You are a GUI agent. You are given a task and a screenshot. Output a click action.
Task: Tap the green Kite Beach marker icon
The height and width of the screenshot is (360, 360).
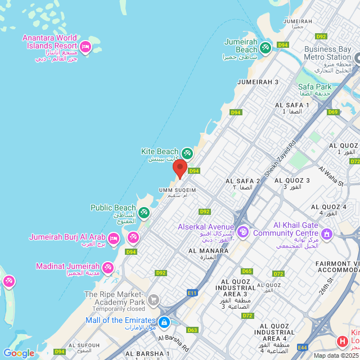click(187, 152)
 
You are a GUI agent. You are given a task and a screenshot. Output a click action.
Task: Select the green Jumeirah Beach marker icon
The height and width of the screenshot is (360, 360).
click(265, 47)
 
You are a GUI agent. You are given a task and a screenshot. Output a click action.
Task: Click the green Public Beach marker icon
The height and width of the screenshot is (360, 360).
click(143, 212)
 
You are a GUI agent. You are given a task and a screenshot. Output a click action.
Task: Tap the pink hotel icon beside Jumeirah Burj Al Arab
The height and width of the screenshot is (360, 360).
click(113, 238)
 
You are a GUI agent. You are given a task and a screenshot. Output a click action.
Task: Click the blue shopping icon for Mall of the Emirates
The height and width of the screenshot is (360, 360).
click(164, 322)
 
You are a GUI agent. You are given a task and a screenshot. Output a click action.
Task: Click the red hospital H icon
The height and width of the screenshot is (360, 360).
click(342, 341)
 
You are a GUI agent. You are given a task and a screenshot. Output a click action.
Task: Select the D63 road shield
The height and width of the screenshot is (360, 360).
click(192, 330)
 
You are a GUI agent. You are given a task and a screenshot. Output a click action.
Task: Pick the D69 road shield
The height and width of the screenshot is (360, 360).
click(333, 112)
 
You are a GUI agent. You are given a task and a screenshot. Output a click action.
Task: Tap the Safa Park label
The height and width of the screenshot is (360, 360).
click(314, 87)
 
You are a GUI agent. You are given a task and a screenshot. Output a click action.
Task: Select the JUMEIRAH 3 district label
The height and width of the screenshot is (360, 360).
click(258, 82)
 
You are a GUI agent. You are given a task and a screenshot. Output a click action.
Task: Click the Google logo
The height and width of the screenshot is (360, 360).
click(19, 353)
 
